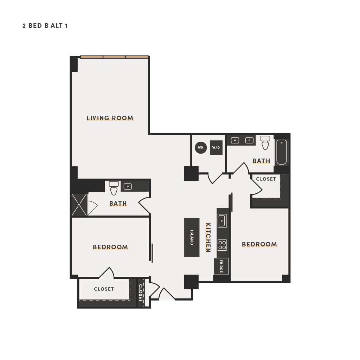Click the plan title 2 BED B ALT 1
point(45,26)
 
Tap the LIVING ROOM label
point(110,118)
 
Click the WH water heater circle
point(201,147)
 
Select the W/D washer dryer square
point(216,148)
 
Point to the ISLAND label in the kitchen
point(192,237)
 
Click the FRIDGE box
point(221,266)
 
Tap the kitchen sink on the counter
point(222,221)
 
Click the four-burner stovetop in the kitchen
point(222,245)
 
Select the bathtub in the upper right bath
point(282,152)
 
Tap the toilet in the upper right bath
point(265,142)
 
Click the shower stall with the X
point(79,205)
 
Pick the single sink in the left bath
point(128,186)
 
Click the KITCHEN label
point(208,237)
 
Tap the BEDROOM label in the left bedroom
point(110,247)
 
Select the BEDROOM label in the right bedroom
point(259,244)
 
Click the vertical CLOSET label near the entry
point(141,293)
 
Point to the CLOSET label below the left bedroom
point(104,289)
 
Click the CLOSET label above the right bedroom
point(266,179)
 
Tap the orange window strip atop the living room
point(114,57)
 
